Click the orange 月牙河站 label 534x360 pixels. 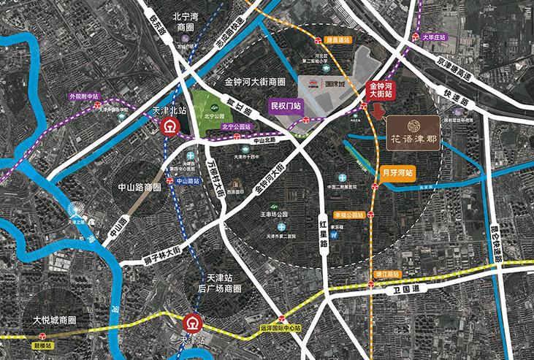click(398, 173)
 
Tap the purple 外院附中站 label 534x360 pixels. click(82, 95)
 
